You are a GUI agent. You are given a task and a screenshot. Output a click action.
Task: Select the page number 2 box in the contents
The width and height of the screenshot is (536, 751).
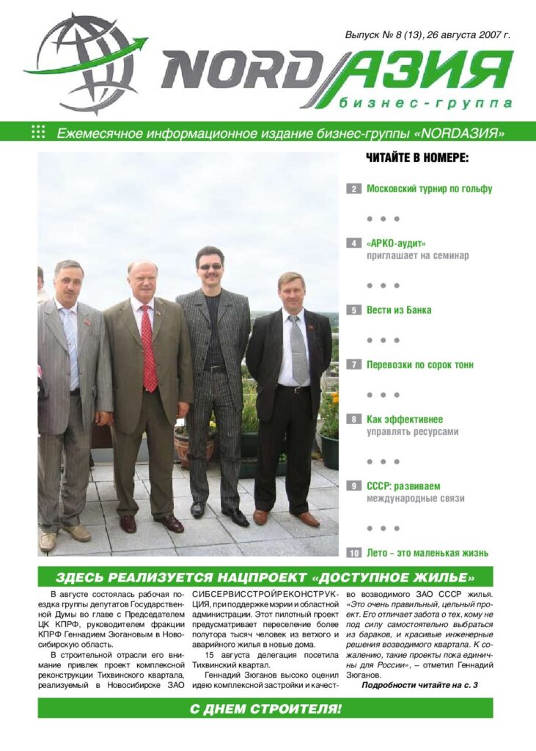tap(353, 189)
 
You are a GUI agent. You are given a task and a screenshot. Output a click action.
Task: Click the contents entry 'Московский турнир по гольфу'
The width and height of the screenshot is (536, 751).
tap(429, 188)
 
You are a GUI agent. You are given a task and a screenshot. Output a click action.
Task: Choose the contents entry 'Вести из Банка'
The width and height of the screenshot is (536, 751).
tap(399, 310)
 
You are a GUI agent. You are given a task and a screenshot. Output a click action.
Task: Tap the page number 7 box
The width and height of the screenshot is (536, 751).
tap(353, 364)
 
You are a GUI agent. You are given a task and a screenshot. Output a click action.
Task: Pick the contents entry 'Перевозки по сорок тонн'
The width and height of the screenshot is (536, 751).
tap(419, 364)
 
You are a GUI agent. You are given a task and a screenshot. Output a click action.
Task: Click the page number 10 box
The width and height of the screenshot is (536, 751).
tap(354, 553)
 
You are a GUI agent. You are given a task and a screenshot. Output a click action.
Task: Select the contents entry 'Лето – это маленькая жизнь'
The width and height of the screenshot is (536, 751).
tap(427, 553)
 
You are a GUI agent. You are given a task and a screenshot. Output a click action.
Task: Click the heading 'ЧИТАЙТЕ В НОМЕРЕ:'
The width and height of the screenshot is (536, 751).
tap(416, 158)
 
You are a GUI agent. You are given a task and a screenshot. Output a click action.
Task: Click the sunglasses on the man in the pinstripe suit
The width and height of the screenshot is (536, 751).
tap(210, 266)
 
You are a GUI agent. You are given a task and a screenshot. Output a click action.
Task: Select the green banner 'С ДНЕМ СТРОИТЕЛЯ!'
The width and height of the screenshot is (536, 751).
tap(265, 708)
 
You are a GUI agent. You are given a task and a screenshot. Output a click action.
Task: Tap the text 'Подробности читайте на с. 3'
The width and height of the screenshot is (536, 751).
tap(419, 685)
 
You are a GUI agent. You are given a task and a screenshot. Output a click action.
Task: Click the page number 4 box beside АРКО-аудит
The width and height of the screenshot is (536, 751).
tap(353, 243)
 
